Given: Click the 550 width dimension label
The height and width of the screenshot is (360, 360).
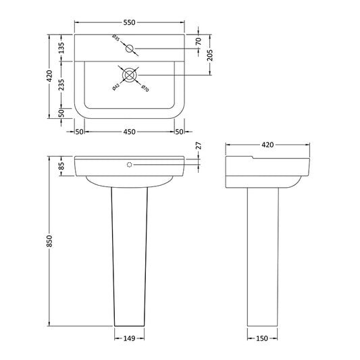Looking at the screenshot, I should click(x=128, y=23).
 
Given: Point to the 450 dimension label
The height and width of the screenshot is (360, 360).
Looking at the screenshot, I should click(x=128, y=131).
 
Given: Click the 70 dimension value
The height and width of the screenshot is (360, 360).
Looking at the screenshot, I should click(x=199, y=41).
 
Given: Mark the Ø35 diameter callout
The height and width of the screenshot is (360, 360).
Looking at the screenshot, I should click(x=116, y=41).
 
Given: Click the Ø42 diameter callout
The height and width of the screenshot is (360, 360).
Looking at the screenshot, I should click(x=116, y=85).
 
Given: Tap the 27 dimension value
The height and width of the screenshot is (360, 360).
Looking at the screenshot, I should click(x=198, y=146).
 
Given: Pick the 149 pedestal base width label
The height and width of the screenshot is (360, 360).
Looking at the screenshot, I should click(x=128, y=339).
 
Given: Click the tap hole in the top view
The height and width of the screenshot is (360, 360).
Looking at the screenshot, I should click(x=130, y=49).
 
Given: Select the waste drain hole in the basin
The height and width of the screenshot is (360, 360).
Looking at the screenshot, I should click(x=128, y=74).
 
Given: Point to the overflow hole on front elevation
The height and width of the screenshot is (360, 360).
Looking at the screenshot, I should click(x=128, y=163).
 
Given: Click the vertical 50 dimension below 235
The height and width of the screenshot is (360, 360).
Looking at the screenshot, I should click(x=61, y=113).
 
